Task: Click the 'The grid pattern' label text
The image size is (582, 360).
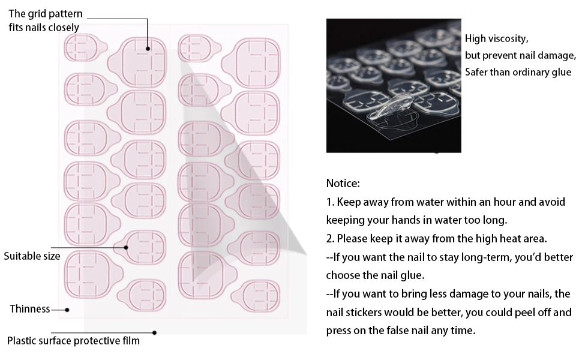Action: pyautogui.click(x=46, y=14)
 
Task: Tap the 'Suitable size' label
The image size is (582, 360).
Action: pyautogui.click(x=32, y=256)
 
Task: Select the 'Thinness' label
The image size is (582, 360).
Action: pyautogui.click(x=29, y=309)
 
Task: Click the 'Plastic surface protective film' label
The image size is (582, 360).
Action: pyautogui.click(x=73, y=341)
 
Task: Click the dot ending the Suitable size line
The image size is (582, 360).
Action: pyautogui.click(x=126, y=247)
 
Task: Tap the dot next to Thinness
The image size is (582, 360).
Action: pyautogui.click(x=67, y=310)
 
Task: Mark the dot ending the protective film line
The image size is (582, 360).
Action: pyautogui.click(x=154, y=332)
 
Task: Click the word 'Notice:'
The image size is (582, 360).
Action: pyautogui.click(x=343, y=183)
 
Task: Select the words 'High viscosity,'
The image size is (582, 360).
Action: pyautogui.click(x=496, y=39)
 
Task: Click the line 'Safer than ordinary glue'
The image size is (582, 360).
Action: pyautogui.click(x=518, y=72)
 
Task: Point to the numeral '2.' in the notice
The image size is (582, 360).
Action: pyautogui.click(x=331, y=238)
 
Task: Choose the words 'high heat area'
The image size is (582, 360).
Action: pyautogui.click(x=515, y=238)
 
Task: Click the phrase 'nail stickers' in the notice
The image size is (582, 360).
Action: pyautogui.click(x=354, y=313)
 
